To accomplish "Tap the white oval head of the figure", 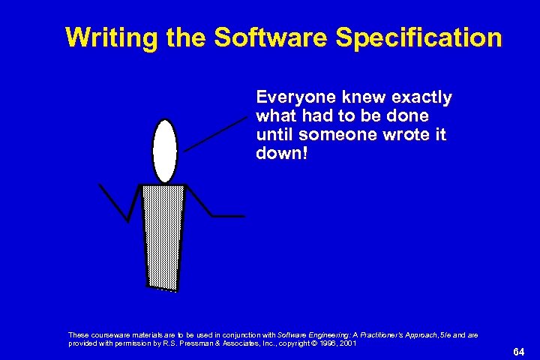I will coord(165,151).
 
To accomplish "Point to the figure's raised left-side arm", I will coord(118,201).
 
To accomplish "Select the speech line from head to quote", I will coord(215,133).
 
